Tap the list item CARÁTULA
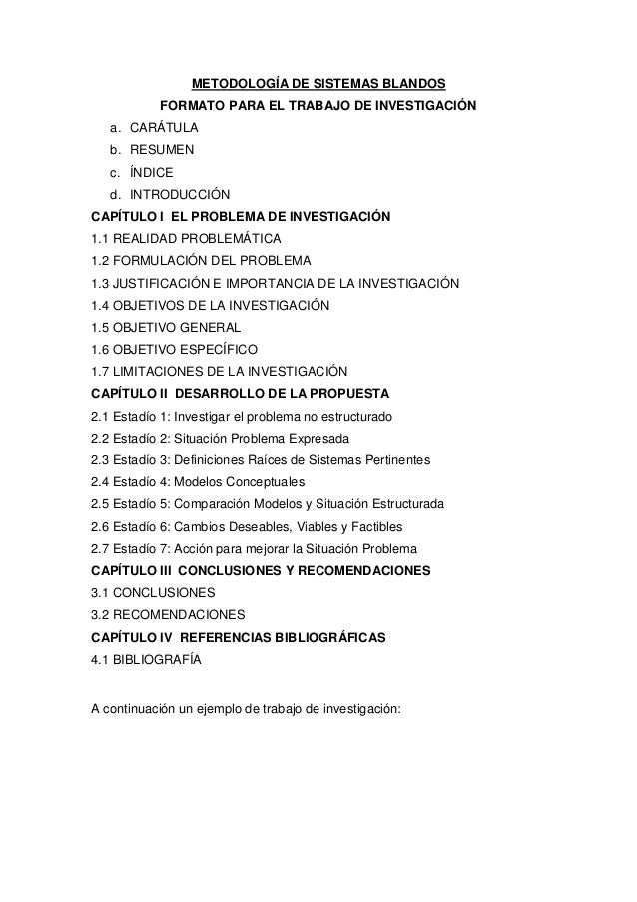pyautogui.click(x=164, y=128)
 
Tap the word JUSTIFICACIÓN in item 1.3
pyautogui.click(x=161, y=282)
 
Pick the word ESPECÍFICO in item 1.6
pyautogui.click(x=215, y=349)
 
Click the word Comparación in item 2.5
pyautogui.click(x=215, y=503)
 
